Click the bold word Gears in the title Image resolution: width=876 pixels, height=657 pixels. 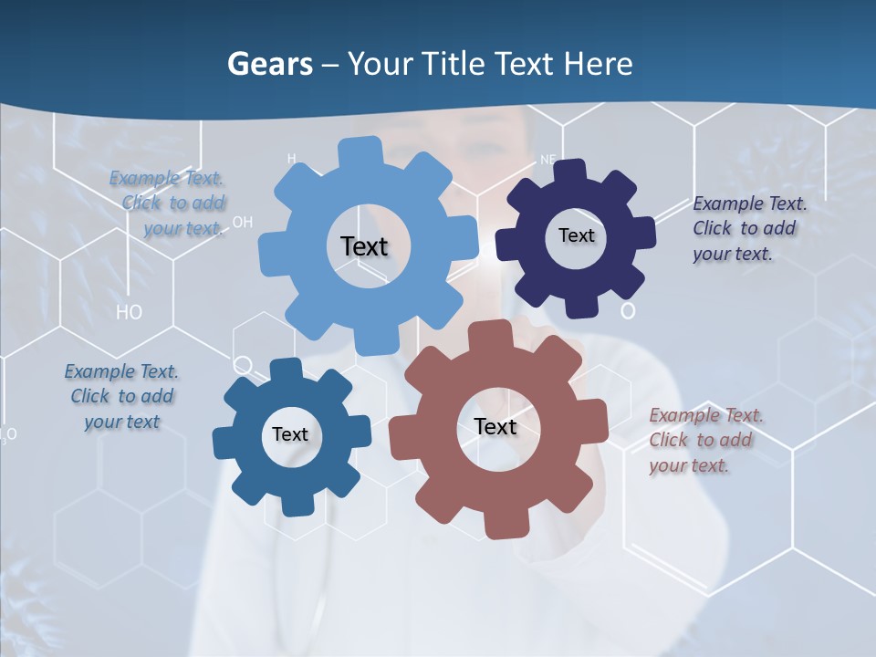[x=269, y=64]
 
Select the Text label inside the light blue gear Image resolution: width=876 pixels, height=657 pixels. [x=364, y=246]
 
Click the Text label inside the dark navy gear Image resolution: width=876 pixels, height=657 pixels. [x=576, y=235]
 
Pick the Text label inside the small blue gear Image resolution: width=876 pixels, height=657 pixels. [x=290, y=434]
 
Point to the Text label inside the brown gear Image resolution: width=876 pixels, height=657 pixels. [x=495, y=426]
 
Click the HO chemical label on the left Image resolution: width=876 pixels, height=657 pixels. [x=130, y=312]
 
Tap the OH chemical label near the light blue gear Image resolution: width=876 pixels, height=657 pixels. [x=243, y=222]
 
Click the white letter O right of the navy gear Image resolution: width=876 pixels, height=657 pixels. [x=628, y=311]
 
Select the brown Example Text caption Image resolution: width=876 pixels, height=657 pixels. [x=705, y=441]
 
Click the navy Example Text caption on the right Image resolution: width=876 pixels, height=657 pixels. [x=748, y=228]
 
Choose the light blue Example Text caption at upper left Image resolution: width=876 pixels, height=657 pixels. [x=168, y=203]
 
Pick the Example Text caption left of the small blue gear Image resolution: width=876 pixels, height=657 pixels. [x=121, y=396]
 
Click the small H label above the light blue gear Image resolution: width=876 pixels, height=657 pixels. [x=292, y=159]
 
